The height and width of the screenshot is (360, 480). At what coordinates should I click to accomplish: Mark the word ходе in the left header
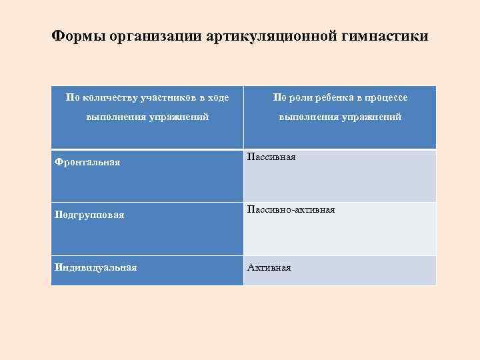tap(218, 98)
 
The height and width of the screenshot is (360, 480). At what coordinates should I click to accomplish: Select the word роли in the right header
tap(300, 98)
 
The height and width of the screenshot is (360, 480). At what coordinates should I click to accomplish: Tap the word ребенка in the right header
tap(338, 98)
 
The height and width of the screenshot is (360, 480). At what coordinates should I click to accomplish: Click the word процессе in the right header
tap(385, 98)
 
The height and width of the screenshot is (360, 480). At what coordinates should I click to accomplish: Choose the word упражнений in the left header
tap(178, 117)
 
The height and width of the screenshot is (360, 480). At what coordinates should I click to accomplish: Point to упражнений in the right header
tap(371, 117)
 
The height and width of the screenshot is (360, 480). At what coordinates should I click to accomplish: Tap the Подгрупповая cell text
tap(89, 215)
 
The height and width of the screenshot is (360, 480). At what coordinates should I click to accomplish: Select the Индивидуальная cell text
tap(95, 267)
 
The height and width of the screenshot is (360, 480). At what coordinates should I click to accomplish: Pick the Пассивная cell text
tap(271, 157)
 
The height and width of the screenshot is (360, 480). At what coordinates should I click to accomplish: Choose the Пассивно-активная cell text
tap(291, 210)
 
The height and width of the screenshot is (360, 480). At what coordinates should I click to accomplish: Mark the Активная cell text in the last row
tap(269, 267)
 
